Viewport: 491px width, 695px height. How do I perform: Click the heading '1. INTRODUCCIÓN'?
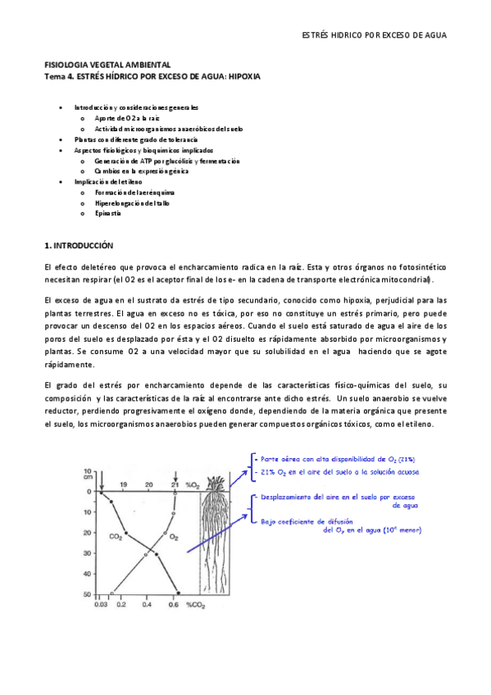click(x=78, y=245)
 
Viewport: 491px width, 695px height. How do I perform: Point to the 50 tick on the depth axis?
click(x=89, y=593)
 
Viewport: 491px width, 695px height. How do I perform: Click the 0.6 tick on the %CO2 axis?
click(x=175, y=605)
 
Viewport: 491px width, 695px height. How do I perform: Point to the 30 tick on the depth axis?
click(x=89, y=553)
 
